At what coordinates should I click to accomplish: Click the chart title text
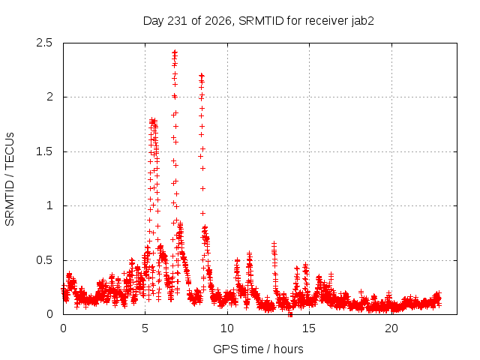click(x=258, y=21)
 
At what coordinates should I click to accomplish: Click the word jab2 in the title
click(x=362, y=21)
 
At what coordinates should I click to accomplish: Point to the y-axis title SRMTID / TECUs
click(x=10, y=179)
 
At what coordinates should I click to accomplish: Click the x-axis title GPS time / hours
click(x=258, y=349)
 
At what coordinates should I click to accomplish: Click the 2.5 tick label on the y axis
click(x=44, y=43)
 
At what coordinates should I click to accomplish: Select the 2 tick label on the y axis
click(x=49, y=97)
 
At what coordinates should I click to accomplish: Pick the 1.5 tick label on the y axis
click(x=44, y=151)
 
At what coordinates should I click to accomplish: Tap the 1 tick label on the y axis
click(x=50, y=205)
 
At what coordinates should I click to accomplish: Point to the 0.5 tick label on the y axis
click(x=44, y=260)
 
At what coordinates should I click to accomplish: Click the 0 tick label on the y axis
click(x=49, y=314)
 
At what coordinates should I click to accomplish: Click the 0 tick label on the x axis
click(x=63, y=328)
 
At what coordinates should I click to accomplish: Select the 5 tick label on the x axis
click(x=145, y=328)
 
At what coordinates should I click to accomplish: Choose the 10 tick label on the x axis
click(x=227, y=328)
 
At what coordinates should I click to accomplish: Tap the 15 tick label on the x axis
click(x=309, y=328)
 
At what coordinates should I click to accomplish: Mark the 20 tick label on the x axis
click(x=391, y=328)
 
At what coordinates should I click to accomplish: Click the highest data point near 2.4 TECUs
click(x=175, y=52)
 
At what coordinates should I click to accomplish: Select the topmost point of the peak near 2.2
click(x=202, y=75)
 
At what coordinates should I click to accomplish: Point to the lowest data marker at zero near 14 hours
click(x=290, y=314)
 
